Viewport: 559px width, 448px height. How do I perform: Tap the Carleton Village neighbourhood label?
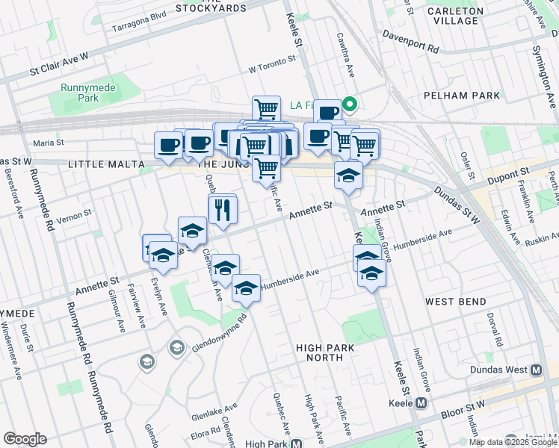[x=461, y=16]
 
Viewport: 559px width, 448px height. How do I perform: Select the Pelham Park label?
[x=460, y=96]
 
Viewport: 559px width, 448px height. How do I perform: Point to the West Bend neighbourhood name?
[x=456, y=302]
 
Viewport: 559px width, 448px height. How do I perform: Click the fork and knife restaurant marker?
[x=223, y=209]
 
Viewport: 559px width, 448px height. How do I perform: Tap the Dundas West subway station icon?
[x=536, y=370]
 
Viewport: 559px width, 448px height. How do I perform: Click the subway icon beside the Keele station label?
[x=421, y=403]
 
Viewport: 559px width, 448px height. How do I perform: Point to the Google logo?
[x=25, y=439]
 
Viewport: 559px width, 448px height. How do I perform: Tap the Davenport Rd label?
[x=410, y=40]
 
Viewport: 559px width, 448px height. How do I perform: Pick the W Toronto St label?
[x=273, y=69]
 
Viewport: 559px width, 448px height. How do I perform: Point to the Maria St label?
[x=49, y=142]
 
